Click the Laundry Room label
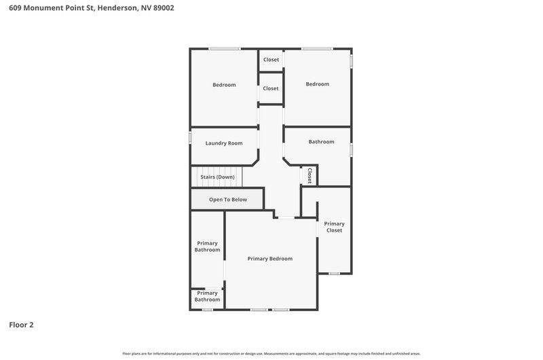pos(224,143)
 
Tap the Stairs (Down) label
pos(217,177)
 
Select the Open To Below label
pos(228,200)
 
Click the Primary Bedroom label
pos(269,259)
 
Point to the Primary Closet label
pos(334,227)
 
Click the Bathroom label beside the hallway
pos(321,142)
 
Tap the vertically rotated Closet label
pos(310,176)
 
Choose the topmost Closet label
pos(271,60)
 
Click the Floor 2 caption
pos(21,325)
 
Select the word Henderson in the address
pos(117,8)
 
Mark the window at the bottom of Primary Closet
pos(334,273)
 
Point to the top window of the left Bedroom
pos(224,48)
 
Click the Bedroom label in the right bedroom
pos(317,84)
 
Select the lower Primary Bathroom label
pos(207,296)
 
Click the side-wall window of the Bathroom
pos(351,150)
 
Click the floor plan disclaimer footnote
pos(271,354)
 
